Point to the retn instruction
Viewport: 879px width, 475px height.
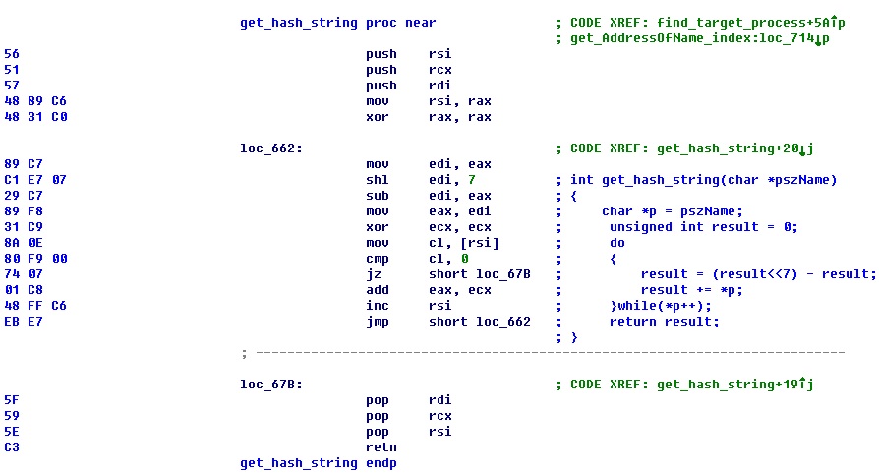coord(381,447)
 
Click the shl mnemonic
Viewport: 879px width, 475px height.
coord(378,180)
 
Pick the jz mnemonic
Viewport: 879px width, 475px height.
coord(374,274)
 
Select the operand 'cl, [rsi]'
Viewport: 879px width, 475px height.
coord(460,243)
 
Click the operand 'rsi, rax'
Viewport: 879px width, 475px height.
coord(460,101)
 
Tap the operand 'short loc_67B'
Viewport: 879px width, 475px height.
coord(480,274)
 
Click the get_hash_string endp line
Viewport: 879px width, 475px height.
coord(319,462)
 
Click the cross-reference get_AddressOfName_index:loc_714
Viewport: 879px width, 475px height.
coord(694,38)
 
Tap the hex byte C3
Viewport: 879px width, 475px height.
coord(11,447)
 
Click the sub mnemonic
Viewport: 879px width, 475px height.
coord(378,196)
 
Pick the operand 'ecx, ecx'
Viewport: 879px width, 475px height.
coord(460,227)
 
